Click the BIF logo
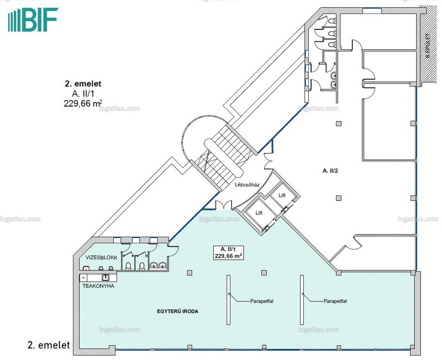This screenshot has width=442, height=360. coord(33,19)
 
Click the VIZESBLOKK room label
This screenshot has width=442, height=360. coord(102,258)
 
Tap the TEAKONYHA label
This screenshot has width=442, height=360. coord(98,286)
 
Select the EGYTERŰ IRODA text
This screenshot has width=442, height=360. coord(177,311)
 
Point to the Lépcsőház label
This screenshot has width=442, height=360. coord(247,185)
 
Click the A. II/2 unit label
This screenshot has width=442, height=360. coord(330,170)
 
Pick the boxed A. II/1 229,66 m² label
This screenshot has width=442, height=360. coord(229,253)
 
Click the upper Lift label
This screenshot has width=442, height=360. coord(282,195)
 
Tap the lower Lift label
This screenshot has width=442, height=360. coord(259,213)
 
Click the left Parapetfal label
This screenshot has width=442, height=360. coord(261,301)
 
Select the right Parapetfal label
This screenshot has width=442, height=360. coord(335,301)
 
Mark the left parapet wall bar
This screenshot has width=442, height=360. coord(228,300)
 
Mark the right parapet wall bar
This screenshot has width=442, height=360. coord(302,300)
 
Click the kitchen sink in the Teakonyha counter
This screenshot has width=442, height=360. coord(106,278)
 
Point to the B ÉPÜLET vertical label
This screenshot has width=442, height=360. coord(428,46)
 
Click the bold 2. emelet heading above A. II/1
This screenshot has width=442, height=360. coord(83,84)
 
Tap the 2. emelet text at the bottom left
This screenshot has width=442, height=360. coord(49,345)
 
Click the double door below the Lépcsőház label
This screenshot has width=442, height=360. coord(223,205)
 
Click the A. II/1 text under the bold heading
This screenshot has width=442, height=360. coord(83,93)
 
